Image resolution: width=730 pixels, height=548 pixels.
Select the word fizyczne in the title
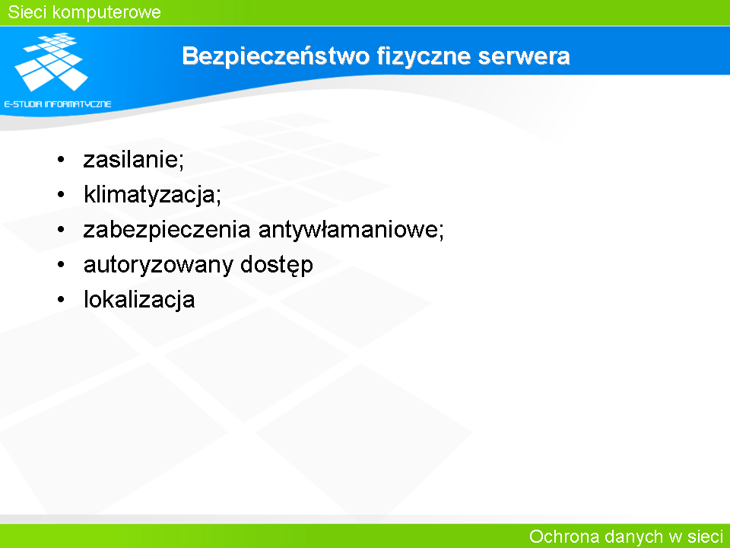tap(424, 56)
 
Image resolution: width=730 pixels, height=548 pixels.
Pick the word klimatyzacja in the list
tap(150, 194)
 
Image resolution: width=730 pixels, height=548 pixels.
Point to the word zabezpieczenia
tap(167, 229)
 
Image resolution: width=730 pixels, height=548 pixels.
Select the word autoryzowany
tap(158, 265)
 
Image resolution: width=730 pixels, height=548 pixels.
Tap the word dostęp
tap(277, 265)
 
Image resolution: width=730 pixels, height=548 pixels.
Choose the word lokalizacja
tap(139, 299)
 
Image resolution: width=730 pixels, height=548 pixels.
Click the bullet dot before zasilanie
tap(61, 160)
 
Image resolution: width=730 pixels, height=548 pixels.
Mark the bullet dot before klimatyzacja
tap(61, 194)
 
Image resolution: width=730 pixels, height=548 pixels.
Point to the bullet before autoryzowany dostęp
tap(61, 265)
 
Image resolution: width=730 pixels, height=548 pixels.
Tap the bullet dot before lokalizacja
tap(61, 300)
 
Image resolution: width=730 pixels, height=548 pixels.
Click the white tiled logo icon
tap(52, 62)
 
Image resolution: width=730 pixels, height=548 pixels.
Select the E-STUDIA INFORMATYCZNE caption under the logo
tap(58, 104)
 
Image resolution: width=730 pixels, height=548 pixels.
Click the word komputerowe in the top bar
tap(106, 13)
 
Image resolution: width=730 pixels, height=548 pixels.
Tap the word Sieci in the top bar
tap(27, 12)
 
